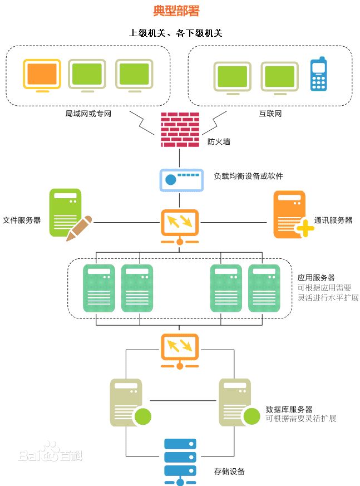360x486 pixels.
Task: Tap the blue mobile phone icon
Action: pyautogui.click(x=318, y=74)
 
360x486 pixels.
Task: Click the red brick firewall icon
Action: pyautogui.click(x=179, y=129)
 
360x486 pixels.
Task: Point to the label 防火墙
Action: pyautogui.click(x=219, y=142)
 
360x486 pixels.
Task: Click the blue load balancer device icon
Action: pyautogui.click(x=180, y=180)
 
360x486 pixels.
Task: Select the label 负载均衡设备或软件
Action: pyautogui.click(x=249, y=176)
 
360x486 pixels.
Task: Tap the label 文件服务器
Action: pyautogui.click(x=22, y=220)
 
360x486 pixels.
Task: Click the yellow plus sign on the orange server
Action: pyautogui.click(x=304, y=228)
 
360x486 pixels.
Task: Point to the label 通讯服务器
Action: pyautogui.click(x=333, y=220)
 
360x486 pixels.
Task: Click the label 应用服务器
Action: pyautogui.click(x=316, y=277)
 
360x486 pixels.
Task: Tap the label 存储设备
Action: pyautogui.click(x=229, y=472)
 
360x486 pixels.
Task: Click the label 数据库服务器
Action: pyautogui.click(x=289, y=409)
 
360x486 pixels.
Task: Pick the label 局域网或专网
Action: pyautogui.click(x=88, y=114)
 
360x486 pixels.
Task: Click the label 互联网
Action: pyautogui.click(x=270, y=114)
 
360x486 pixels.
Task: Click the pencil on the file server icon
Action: pyautogui.click(x=78, y=228)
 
